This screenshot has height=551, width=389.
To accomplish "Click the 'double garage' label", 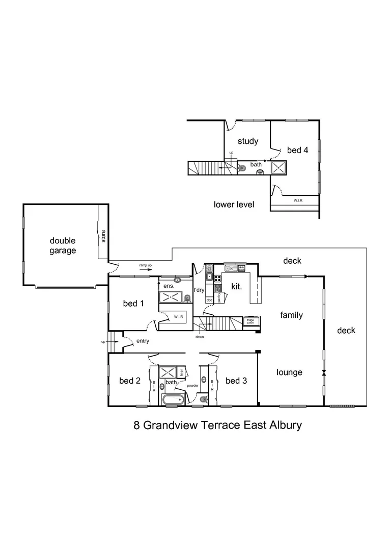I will (63, 245).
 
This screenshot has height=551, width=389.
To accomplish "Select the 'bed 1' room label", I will (133, 304).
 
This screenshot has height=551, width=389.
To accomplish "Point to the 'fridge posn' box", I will (251, 321).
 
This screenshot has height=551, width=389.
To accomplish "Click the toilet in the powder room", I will (203, 399).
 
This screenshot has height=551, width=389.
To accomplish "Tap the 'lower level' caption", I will (234, 205).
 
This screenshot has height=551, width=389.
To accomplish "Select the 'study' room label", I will (247, 141).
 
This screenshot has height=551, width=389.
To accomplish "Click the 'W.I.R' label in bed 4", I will (298, 201).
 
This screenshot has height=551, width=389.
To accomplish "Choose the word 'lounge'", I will (289, 372).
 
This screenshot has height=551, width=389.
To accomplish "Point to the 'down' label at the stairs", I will (199, 337).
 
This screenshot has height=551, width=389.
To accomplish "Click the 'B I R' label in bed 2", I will (154, 386).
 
